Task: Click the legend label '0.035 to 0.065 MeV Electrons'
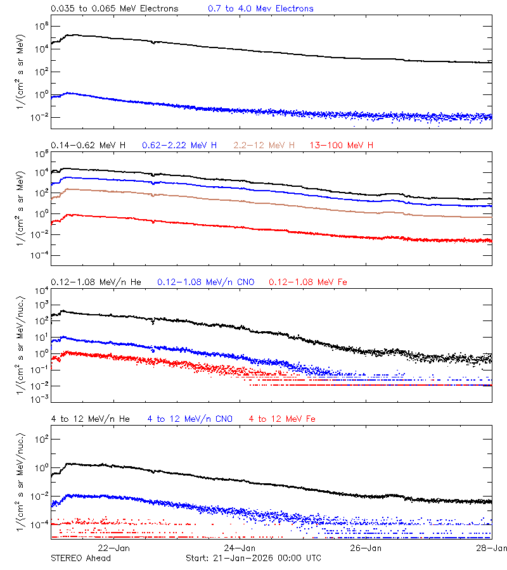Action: (115, 9)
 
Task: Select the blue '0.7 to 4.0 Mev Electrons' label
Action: (260, 9)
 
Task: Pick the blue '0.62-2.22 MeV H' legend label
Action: (180, 146)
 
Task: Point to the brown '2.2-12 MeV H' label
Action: (264, 146)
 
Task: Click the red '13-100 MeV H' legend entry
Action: (342, 146)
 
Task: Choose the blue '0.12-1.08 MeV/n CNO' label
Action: (206, 282)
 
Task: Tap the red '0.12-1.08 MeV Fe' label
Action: (308, 282)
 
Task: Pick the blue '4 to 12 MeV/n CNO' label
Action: (190, 419)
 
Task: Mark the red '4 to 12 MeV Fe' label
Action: (282, 419)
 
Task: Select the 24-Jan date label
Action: (240, 548)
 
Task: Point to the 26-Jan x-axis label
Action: (366, 548)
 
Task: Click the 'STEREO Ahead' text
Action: (80, 558)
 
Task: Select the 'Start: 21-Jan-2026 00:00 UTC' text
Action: (253, 558)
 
